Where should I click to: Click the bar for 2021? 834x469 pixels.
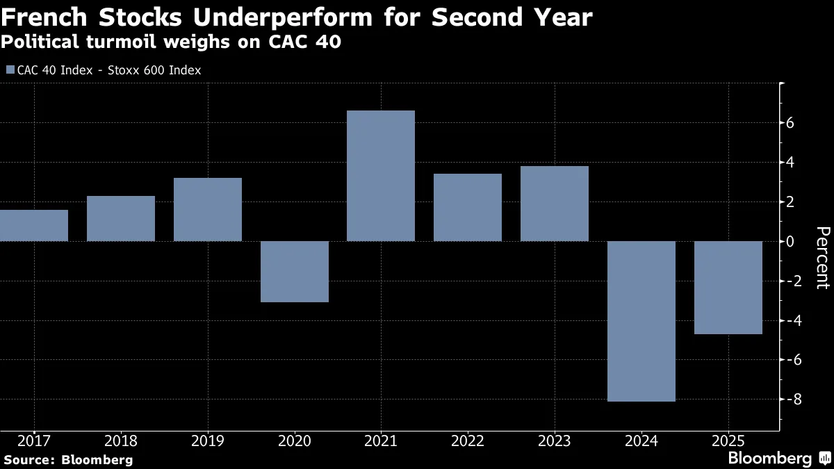coord(381,176)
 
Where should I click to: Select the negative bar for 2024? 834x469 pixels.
coord(641,321)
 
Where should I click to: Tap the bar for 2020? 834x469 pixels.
coord(294,272)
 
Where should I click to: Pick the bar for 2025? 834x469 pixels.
coord(728,288)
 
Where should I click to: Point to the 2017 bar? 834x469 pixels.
coord(34,225)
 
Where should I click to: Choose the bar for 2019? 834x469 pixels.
coord(208,210)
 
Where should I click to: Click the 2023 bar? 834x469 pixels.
coord(554,204)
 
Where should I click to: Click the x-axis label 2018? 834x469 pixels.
coord(120,441)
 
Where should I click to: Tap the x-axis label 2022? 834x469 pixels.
coord(467,441)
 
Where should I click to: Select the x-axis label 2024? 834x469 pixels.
coord(641,441)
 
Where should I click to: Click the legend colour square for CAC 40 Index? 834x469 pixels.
coord(10,70)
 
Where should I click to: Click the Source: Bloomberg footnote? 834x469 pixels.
coord(67,459)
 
